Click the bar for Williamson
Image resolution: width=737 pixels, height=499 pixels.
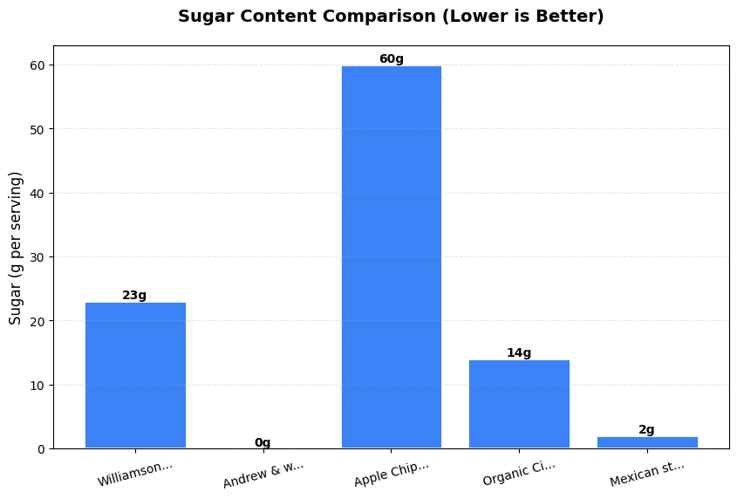(135, 375)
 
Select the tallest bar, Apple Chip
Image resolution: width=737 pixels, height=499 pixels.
(391, 257)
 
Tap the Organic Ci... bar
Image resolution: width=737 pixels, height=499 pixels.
(519, 404)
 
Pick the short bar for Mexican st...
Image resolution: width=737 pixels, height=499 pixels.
(647, 442)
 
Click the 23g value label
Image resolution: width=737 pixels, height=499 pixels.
(134, 296)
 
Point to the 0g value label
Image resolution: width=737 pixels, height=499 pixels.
(263, 442)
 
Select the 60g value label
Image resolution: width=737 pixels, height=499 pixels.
(391, 59)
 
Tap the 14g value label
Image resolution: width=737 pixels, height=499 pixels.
(519, 353)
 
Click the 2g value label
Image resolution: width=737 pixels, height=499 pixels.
(646, 430)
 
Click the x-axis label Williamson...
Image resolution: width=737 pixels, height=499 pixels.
(135, 473)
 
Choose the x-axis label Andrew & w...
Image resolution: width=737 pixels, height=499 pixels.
(263, 474)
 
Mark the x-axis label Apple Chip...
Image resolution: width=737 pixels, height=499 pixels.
(392, 474)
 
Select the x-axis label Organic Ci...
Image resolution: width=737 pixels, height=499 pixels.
(519, 474)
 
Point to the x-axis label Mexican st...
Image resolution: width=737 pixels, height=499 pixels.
(647, 474)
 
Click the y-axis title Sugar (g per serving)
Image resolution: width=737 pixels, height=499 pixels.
(16, 248)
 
